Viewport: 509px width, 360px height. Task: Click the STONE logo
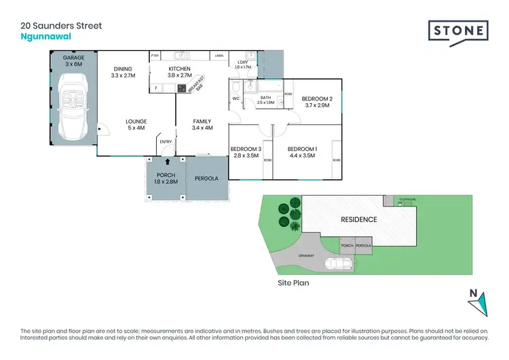[x=457, y=32]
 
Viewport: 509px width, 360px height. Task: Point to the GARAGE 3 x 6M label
[x=74, y=62]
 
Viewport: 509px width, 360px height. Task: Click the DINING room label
[x=123, y=72]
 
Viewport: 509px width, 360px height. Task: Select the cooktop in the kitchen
[x=182, y=88]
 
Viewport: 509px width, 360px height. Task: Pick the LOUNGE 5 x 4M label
[x=136, y=125]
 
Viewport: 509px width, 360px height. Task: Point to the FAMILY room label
[x=202, y=124]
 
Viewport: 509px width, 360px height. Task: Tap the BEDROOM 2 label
[x=318, y=102]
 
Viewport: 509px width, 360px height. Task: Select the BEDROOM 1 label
[x=302, y=152]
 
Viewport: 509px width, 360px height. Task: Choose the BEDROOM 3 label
[x=246, y=152]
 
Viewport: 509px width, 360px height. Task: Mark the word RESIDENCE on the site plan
[x=358, y=220]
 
